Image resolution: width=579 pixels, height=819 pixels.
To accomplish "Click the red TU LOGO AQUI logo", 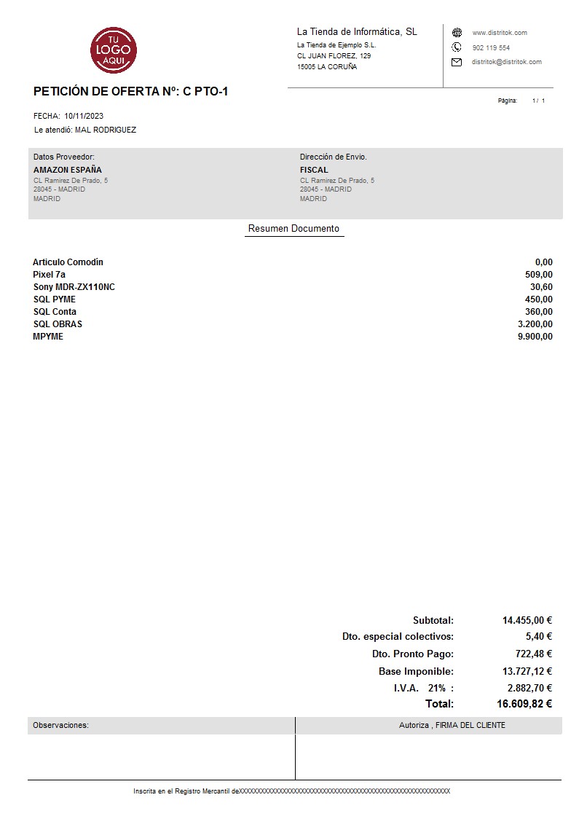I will (x=114, y=50).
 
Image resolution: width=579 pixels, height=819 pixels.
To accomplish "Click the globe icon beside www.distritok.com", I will (x=457, y=33).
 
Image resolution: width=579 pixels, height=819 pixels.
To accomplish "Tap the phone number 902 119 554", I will (x=491, y=47).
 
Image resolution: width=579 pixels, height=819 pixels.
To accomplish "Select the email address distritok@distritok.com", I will (x=506, y=62).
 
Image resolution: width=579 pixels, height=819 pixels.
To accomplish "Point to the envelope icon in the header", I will (x=457, y=62).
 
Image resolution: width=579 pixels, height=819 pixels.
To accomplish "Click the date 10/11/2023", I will (x=84, y=116).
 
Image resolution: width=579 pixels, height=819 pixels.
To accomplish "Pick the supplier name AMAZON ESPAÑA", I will (x=68, y=170).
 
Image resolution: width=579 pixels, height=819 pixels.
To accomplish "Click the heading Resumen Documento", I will (x=294, y=229).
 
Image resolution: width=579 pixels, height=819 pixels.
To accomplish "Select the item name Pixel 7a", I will (x=49, y=275).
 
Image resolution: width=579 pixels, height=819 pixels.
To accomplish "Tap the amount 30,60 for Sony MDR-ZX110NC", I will (x=541, y=287).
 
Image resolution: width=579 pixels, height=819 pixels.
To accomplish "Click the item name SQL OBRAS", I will (x=58, y=324).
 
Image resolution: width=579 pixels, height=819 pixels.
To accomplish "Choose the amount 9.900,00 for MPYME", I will (x=535, y=337).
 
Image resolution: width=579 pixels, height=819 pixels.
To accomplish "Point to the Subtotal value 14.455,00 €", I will (x=527, y=621).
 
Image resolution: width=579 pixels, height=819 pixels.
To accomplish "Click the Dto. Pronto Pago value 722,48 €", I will (x=533, y=654).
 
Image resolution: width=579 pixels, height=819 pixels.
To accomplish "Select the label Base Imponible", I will (x=416, y=671).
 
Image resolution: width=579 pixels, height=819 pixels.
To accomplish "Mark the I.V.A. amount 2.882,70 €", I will (x=529, y=688).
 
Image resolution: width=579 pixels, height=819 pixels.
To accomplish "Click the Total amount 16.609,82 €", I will (x=524, y=704).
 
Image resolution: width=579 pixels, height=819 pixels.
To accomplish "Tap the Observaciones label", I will (x=60, y=725).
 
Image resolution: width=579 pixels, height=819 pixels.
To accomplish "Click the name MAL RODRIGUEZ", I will (x=106, y=130).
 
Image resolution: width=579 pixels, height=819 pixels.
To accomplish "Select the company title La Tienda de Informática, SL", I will (x=357, y=31).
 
